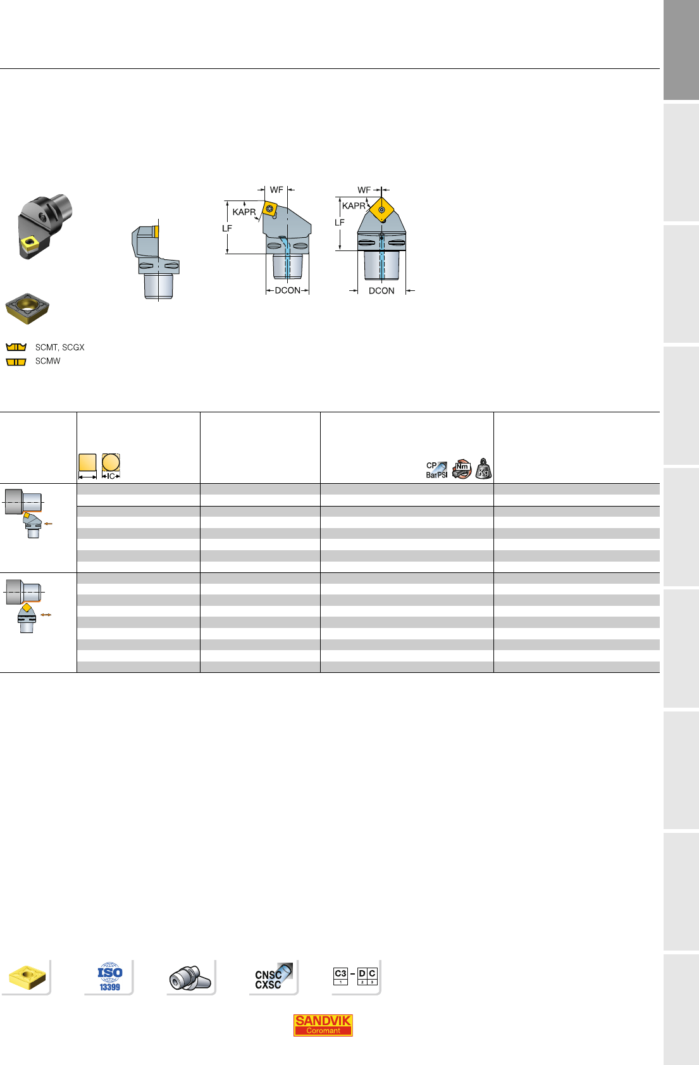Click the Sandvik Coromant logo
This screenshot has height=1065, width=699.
pos(323,1025)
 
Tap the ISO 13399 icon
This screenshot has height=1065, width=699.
pos(110,977)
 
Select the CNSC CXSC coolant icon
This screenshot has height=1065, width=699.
pos(273,977)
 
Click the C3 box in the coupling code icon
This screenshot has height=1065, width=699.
pos(340,976)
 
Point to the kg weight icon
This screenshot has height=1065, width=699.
pos(483,469)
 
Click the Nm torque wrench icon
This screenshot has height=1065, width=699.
pos(462,469)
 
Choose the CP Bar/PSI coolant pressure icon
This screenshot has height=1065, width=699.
pos(436,470)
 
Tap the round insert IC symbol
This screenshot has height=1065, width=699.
pos(111,466)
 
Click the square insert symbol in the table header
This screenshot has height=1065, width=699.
pos(87,466)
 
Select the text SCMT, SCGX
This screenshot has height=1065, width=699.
pos(60,348)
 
